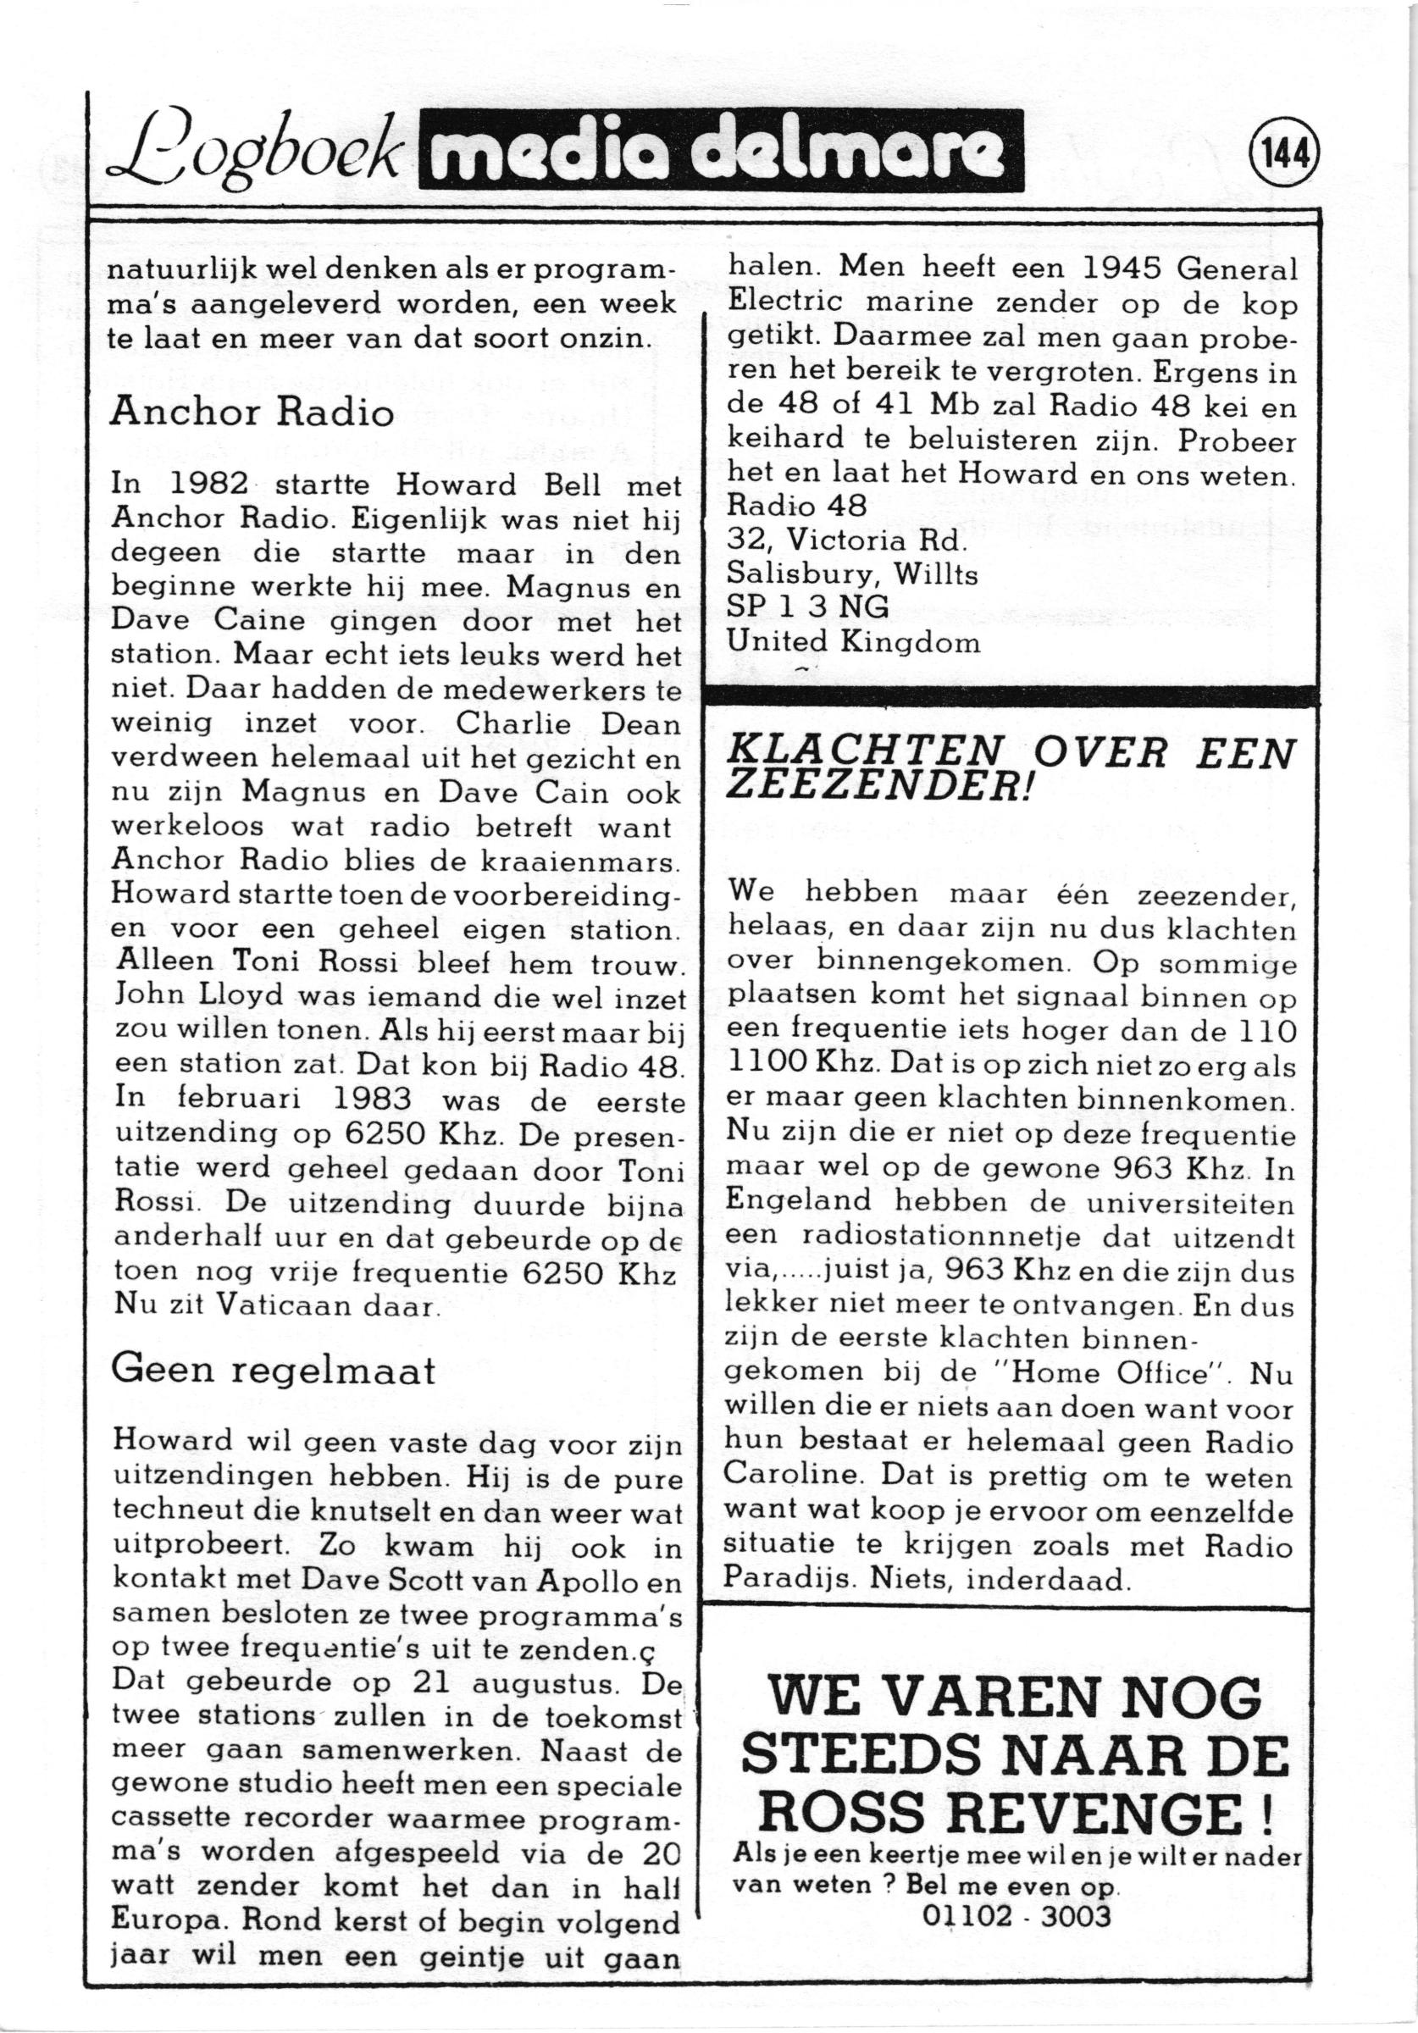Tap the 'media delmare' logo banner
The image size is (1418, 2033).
(723, 151)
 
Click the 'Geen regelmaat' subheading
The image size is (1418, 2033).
(274, 1371)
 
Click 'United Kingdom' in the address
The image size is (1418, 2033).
(853, 641)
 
